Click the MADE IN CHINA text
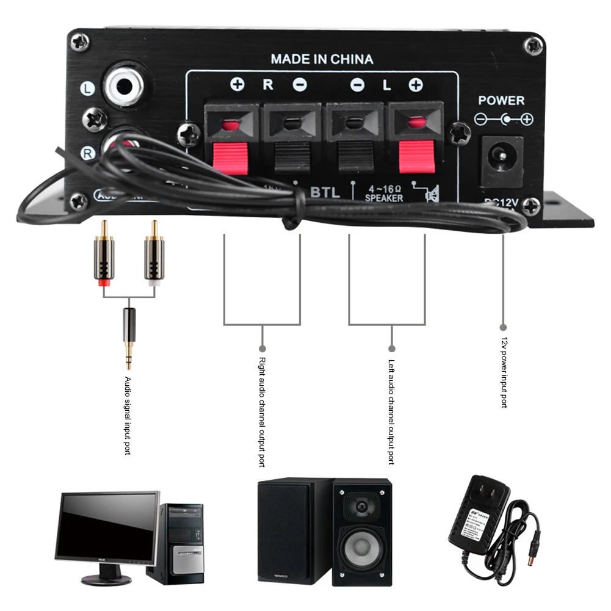pos(322,59)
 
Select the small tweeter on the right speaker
pos(361,506)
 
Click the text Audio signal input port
pos(128,415)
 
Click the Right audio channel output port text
pos(262,413)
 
